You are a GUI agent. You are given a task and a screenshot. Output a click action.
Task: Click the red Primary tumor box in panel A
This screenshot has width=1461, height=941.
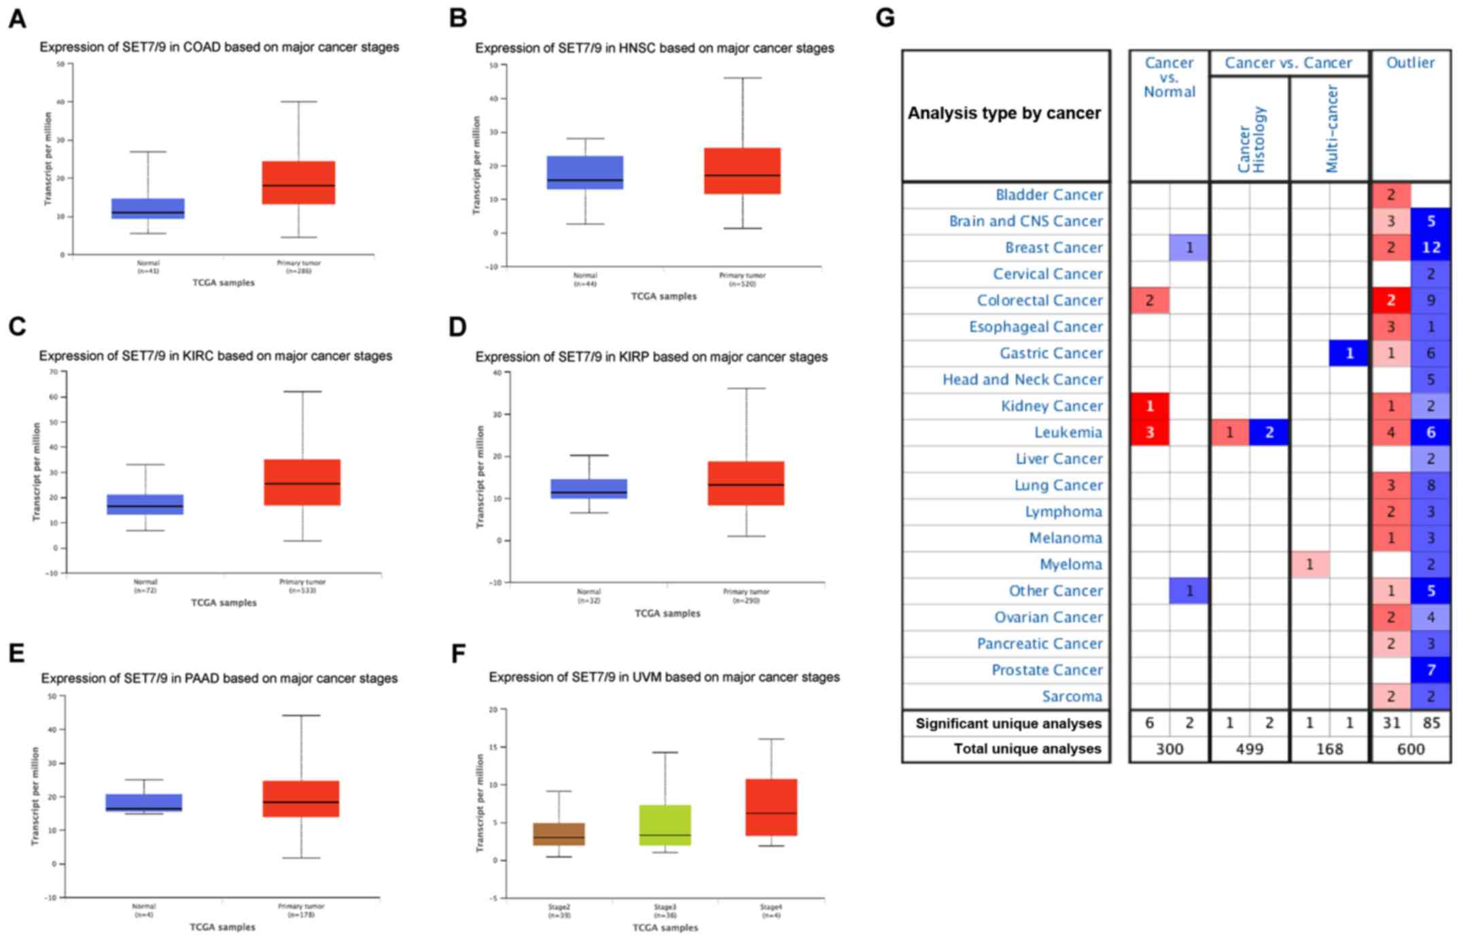(x=298, y=182)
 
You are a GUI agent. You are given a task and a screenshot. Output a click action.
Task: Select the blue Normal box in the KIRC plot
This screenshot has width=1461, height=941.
(x=145, y=504)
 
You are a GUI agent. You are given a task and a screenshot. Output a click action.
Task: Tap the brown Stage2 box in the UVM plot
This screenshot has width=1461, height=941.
(x=559, y=834)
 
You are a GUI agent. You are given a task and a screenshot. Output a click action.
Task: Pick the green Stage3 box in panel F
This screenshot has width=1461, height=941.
(x=665, y=825)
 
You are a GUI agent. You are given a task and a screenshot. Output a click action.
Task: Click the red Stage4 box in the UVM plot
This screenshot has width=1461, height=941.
(x=771, y=807)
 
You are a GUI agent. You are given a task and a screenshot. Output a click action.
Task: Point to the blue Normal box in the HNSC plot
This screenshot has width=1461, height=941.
(x=585, y=173)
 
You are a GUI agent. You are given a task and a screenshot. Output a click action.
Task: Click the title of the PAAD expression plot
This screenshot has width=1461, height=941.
(x=219, y=678)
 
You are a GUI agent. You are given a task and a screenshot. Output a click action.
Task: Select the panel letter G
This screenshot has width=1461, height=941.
(x=885, y=18)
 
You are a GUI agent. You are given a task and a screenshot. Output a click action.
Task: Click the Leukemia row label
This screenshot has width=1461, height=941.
(x=1068, y=433)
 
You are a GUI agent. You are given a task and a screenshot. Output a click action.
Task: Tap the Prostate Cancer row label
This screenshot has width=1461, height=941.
(x=1046, y=670)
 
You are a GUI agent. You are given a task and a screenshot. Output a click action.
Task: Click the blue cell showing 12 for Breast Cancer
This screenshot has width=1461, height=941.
(x=1430, y=248)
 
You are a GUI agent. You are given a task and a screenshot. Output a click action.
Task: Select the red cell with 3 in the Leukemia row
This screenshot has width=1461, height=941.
(x=1149, y=433)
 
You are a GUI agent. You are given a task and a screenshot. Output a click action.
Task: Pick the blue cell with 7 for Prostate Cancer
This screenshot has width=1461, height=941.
(x=1430, y=670)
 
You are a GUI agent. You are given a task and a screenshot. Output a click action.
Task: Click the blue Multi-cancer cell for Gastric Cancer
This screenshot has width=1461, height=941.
(x=1349, y=353)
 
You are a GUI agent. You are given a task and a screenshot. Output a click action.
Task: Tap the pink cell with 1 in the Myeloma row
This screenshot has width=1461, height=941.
(x=1309, y=565)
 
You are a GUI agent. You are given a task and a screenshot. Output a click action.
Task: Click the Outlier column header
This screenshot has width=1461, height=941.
(x=1410, y=63)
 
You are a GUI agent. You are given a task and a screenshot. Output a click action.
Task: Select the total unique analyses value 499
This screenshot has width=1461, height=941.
(x=1249, y=749)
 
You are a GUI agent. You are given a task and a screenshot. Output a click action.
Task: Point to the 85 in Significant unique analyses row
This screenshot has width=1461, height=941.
(x=1430, y=723)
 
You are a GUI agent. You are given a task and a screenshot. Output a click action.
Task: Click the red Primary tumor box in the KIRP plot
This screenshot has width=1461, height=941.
(x=745, y=483)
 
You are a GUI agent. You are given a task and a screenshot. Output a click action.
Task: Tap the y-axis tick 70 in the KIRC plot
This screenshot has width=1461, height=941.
(x=54, y=372)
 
